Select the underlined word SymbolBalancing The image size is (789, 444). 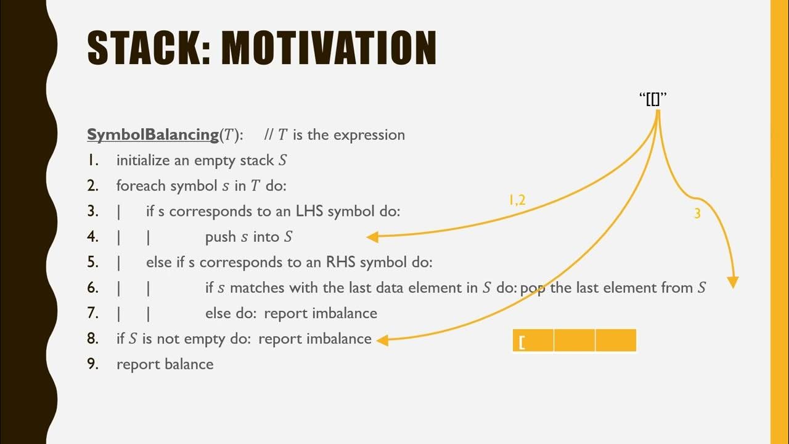click(153, 135)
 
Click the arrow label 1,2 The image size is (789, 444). click(517, 200)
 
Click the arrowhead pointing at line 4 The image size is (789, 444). click(372, 237)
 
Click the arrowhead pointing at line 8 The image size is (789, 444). click(382, 339)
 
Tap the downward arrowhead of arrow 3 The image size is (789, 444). click(732, 283)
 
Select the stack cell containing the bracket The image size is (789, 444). click(533, 340)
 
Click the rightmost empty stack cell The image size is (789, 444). click(616, 340)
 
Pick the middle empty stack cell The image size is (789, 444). click(574, 340)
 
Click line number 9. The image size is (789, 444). click(93, 364)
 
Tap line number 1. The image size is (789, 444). click(92, 160)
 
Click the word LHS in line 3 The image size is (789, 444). click(309, 212)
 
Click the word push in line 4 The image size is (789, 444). click(221, 237)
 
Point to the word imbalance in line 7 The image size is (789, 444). click(345, 313)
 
